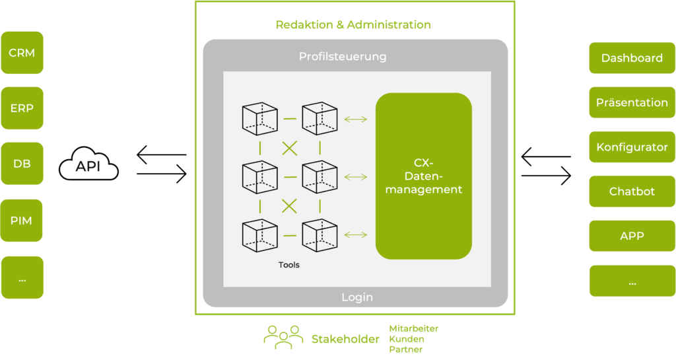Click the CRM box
pos(22,52)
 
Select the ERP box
pos(22,108)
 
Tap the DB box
pos(22,164)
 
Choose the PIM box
pos(22,220)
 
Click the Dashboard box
pos(632,58)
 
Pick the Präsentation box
pos(632,102)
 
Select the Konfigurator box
pos(632,147)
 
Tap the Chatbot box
pos(632,192)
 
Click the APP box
pos(632,236)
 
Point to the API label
pos(88,166)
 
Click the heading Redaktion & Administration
pos(353,25)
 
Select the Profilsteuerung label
pos(343,57)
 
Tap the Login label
pos(357,297)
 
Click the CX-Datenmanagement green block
pos(424,176)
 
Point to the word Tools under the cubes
pos(289,265)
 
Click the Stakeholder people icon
pos(283,337)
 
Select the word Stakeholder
pos(345,340)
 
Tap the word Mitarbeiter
pos(414,328)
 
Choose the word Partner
pos(406,349)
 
